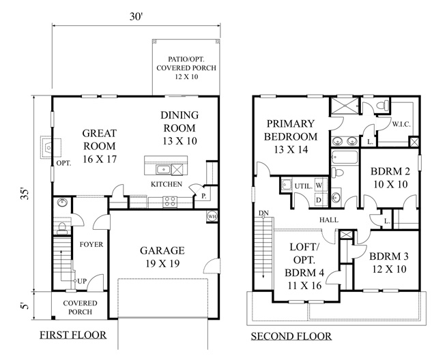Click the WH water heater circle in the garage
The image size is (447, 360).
[x=212, y=216]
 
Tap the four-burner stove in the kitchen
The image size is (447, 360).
[x=170, y=201]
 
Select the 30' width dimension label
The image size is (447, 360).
[x=136, y=16]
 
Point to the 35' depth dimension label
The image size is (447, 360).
[x=25, y=194]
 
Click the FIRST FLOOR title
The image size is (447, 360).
[x=73, y=335]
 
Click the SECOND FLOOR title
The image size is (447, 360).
[x=291, y=336]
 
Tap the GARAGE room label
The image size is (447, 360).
[x=162, y=251]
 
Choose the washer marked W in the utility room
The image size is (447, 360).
[x=319, y=185]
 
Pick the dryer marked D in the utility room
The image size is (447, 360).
[x=319, y=200]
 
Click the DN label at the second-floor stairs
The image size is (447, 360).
[x=263, y=213]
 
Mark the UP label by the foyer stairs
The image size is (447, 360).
[x=82, y=281]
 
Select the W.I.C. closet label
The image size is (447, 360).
[x=401, y=124]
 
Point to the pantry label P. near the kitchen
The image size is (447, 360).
[x=204, y=196]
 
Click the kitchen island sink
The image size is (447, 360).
[x=163, y=170]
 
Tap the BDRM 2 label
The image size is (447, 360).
[x=390, y=171]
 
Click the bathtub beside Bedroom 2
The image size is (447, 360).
[x=345, y=157]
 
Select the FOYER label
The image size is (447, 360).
[x=91, y=244]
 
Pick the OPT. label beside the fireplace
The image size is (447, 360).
[x=63, y=164]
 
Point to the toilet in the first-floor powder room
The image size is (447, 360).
[x=62, y=228]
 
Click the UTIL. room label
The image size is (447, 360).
[x=303, y=186]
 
